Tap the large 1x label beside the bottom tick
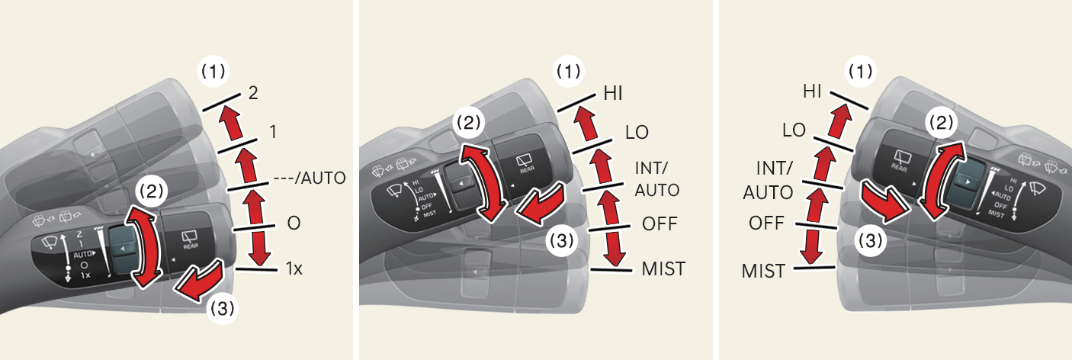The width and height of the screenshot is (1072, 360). pyautogui.click(x=294, y=268)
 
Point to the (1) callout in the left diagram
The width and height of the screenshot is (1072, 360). pyautogui.click(x=213, y=72)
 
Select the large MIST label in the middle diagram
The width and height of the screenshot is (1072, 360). pyautogui.click(x=663, y=268)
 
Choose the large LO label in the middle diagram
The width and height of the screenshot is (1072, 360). pyautogui.click(x=637, y=132)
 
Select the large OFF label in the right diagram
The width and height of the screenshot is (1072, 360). pyautogui.click(x=767, y=225)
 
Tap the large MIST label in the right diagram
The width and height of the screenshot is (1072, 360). pyautogui.click(x=763, y=270)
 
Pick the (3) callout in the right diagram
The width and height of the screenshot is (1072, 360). pyautogui.click(x=867, y=241)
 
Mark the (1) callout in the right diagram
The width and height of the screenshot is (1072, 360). pyautogui.click(x=860, y=72)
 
